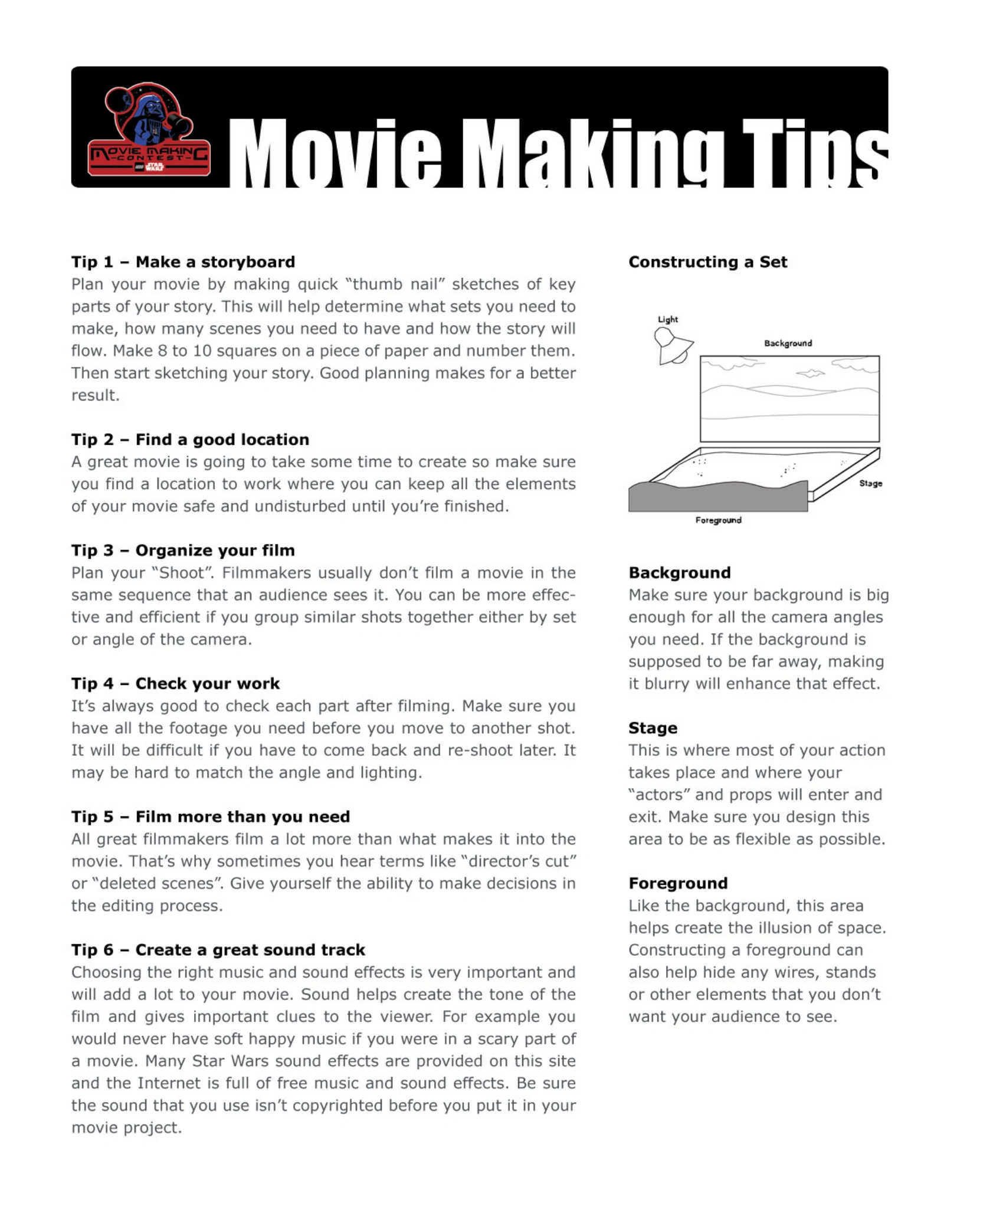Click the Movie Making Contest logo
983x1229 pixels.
pyautogui.click(x=149, y=130)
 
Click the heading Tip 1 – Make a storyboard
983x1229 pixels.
pyautogui.click(x=183, y=262)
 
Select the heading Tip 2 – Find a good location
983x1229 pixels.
pyautogui.click(x=190, y=440)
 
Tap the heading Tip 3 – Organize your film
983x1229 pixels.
pyautogui.click(x=183, y=550)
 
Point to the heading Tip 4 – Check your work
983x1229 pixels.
pyautogui.click(x=175, y=683)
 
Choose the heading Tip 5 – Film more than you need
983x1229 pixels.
pyautogui.click(x=211, y=817)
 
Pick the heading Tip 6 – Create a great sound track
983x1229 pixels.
pyautogui.click(x=218, y=950)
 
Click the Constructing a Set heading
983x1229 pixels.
pyautogui.click(x=707, y=262)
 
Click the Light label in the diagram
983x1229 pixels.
pyautogui.click(x=668, y=320)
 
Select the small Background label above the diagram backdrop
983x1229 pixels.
pyautogui.click(x=788, y=343)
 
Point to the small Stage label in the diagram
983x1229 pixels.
pyautogui.click(x=870, y=483)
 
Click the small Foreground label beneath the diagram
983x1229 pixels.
pyautogui.click(x=718, y=520)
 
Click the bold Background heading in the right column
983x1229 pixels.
pyautogui.click(x=679, y=573)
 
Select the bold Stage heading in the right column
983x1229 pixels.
pyautogui.click(x=653, y=728)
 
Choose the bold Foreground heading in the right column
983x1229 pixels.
pyautogui.click(x=678, y=883)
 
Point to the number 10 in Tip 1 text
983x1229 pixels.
pyautogui.click(x=202, y=351)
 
